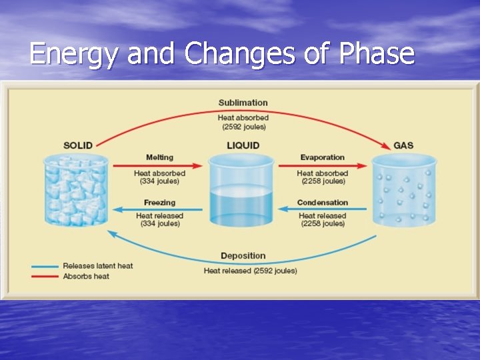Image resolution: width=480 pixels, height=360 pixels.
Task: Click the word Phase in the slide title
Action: [x=377, y=54]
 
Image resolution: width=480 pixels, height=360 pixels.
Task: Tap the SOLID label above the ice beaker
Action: [x=78, y=145]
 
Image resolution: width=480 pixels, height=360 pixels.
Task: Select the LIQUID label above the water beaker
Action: [x=242, y=145]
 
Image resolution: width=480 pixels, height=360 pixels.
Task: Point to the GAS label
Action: [x=403, y=145]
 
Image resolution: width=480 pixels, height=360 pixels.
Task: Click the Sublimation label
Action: [x=243, y=103]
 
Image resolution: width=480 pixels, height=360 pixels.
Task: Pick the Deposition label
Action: [x=243, y=255]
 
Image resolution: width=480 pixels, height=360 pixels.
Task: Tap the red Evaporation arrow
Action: [x=323, y=165]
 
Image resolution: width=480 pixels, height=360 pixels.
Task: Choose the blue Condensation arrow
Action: [x=323, y=209]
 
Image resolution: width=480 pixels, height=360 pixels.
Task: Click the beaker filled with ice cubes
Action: [x=77, y=190]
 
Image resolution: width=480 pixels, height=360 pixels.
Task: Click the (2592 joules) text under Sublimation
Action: [x=243, y=127]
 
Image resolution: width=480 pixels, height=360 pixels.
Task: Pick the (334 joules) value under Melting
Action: [x=159, y=181]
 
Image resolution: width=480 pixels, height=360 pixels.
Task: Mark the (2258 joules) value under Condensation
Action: [x=323, y=224]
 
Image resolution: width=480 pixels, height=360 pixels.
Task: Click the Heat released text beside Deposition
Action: [x=227, y=271]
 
